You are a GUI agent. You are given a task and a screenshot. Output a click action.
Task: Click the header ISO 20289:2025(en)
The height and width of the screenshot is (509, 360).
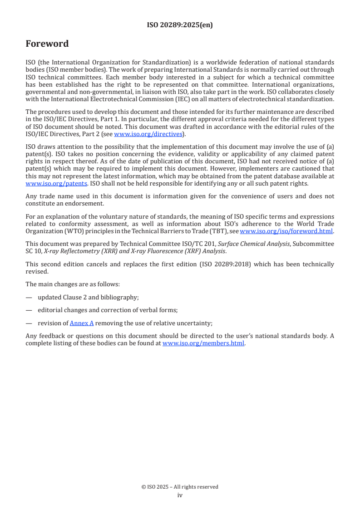point(180,25)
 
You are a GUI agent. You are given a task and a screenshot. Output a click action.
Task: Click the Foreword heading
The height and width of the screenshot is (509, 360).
point(47,44)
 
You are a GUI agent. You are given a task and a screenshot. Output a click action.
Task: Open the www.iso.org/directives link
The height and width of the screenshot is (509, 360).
point(148,134)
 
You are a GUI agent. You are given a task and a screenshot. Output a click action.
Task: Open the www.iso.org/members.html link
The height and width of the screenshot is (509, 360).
point(203,343)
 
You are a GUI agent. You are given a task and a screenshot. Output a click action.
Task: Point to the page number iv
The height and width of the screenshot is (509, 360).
point(180,495)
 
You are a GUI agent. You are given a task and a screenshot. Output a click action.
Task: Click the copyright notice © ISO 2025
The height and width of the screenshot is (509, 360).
point(180,487)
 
